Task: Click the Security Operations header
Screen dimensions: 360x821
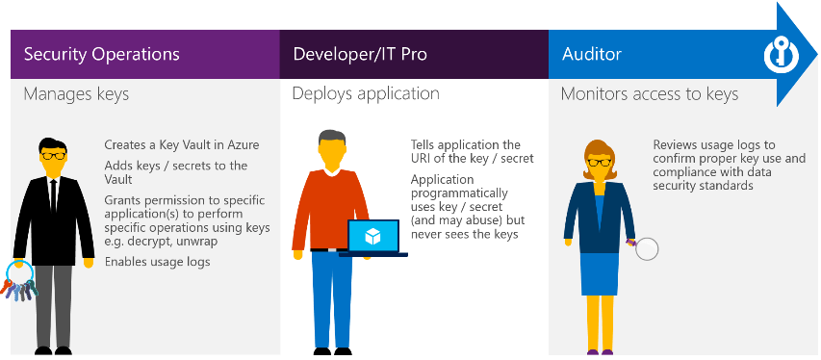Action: pos(100,54)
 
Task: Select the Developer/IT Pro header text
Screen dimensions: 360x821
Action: pos(359,54)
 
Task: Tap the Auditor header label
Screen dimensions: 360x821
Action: pos(591,54)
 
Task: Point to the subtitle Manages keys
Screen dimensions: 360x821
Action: pos(76,94)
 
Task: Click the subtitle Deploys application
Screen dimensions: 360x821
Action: pos(366,94)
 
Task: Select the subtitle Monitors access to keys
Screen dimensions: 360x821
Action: pos(650,94)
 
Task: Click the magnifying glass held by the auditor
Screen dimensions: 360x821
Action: pos(646,249)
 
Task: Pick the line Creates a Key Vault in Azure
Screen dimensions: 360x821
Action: pos(181,145)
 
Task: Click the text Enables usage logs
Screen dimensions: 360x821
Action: pos(157,262)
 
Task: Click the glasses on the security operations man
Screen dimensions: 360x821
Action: pos(52,154)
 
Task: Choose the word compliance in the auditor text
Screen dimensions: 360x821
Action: pos(685,171)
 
